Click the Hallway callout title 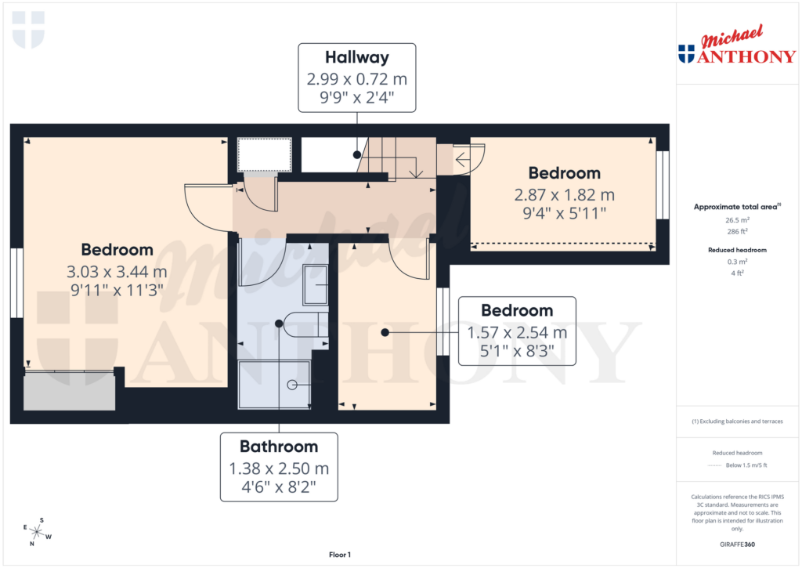tap(356, 57)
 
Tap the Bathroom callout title tap(279, 447)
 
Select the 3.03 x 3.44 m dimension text tap(117, 272)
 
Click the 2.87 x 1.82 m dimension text tap(563, 194)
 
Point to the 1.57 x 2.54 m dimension tap(517, 332)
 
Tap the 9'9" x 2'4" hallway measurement tap(356, 98)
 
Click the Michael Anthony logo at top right tap(736, 46)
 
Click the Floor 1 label tap(340, 555)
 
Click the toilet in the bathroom tap(306, 324)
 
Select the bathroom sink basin tap(316, 284)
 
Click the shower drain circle tap(292, 384)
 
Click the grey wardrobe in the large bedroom tap(69, 392)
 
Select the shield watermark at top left tap(29, 30)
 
